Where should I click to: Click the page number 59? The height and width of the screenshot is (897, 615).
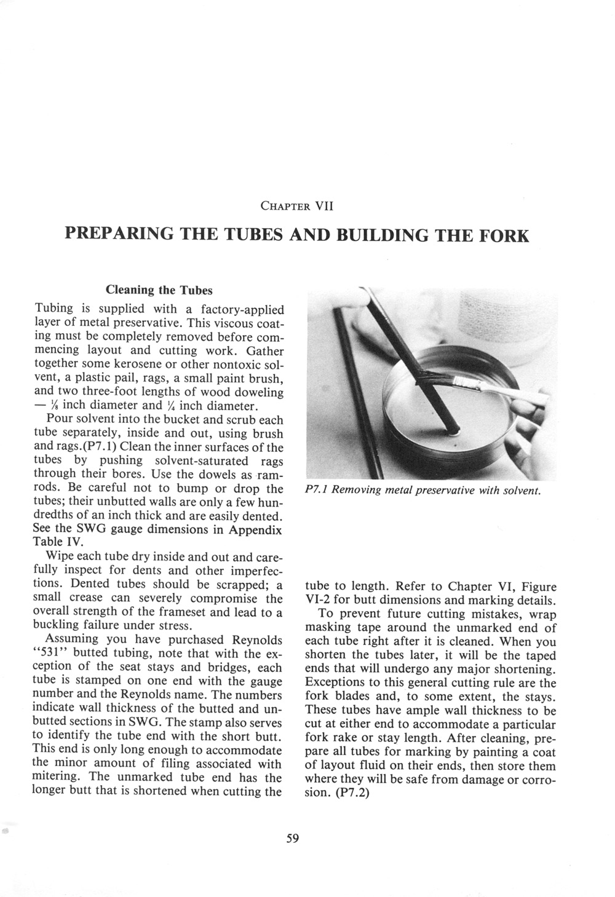click(292, 837)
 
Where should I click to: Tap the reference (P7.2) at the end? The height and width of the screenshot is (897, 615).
click(348, 792)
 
